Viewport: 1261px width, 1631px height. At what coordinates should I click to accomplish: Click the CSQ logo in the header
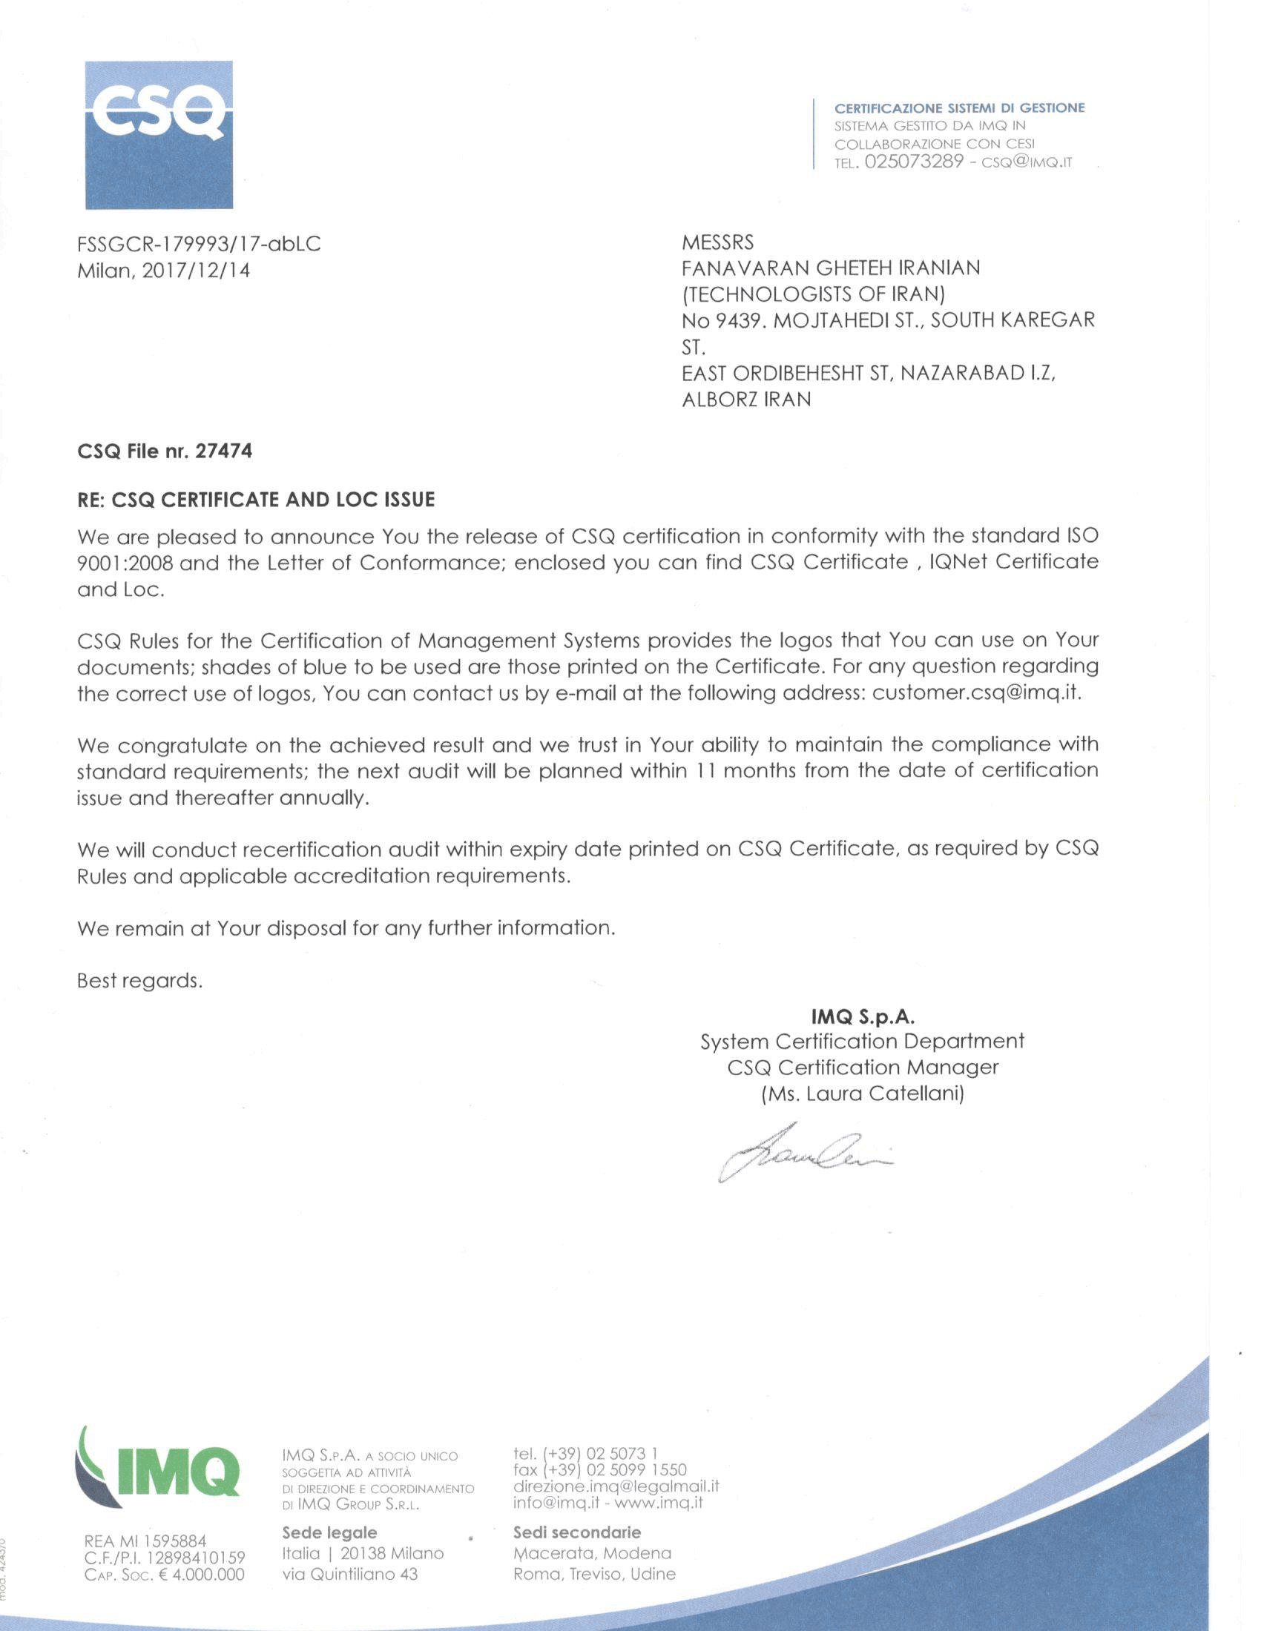tap(159, 134)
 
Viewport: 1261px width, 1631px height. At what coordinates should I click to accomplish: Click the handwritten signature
tap(804, 1153)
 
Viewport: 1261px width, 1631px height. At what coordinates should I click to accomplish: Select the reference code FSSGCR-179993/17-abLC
tap(199, 244)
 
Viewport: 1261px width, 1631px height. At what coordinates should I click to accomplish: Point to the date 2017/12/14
tap(196, 271)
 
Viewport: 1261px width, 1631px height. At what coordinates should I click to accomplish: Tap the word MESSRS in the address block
tap(717, 242)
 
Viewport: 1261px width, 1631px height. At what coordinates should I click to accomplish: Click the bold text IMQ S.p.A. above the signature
tap(863, 1016)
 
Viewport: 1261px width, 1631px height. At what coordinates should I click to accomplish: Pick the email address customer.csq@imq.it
tap(975, 692)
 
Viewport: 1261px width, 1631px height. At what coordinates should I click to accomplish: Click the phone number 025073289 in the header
tap(914, 162)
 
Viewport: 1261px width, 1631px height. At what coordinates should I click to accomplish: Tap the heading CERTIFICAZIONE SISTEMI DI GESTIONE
tap(959, 108)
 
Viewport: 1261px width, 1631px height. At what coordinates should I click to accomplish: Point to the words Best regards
tap(139, 981)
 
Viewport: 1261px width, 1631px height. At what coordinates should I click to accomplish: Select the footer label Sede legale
tap(329, 1532)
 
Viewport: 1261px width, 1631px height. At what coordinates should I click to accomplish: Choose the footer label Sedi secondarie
tap(576, 1532)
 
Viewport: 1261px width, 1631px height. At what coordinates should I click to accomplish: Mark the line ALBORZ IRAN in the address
tap(745, 400)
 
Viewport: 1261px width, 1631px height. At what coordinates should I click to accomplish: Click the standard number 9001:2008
tap(125, 563)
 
